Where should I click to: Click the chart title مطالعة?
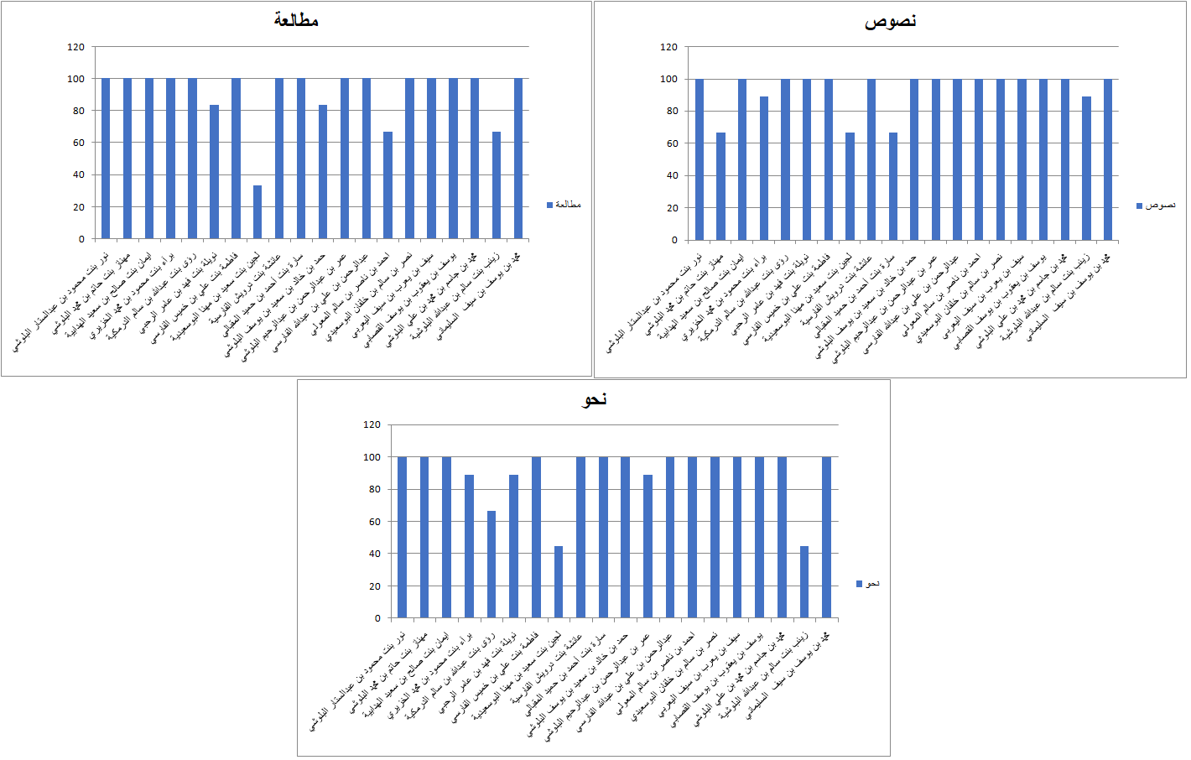(296, 20)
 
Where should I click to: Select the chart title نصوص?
(890, 21)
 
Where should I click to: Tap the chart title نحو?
(594, 399)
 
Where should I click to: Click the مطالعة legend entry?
(564, 205)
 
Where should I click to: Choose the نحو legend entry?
(868, 584)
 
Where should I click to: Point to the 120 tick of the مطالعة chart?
(76, 47)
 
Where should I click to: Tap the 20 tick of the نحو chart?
(375, 586)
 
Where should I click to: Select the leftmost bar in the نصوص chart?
(700, 159)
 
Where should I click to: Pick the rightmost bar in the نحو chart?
(826, 538)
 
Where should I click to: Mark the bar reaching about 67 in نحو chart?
(491, 565)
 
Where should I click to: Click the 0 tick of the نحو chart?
(377, 618)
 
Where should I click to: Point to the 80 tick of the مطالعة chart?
(76, 111)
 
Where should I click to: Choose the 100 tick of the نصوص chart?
(668, 79)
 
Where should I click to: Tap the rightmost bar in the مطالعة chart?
(518, 159)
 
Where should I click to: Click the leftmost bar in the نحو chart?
(402, 538)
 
